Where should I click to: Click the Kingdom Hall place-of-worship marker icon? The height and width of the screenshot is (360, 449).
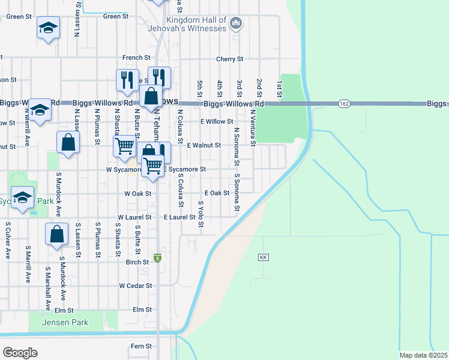[x=236, y=24]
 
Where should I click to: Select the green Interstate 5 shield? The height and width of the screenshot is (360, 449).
[x=157, y=258]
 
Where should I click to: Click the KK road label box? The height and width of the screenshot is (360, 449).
[x=263, y=257]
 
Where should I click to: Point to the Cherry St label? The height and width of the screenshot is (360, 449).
[x=229, y=59]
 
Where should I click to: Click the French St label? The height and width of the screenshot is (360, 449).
[x=136, y=58]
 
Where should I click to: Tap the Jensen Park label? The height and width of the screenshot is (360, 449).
[x=65, y=323]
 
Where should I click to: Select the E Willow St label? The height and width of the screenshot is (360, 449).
[x=217, y=121]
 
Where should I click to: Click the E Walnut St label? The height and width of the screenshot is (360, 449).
[x=204, y=145]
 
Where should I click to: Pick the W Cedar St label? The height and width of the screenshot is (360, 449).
[x=136, y=286]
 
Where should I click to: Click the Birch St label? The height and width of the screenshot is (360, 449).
[x=137, y=262]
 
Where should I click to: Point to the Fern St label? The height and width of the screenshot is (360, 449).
[x=142, y=346]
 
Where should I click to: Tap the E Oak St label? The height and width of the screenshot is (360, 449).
[x=217, y=193]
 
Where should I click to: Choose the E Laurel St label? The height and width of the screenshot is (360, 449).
[x=179, y=217]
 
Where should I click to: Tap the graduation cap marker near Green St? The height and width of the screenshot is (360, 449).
[x=48, y=28]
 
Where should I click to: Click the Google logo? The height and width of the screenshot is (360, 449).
[x=19, y=353]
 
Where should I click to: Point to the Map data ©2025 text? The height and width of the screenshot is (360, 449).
[x=424, y=355]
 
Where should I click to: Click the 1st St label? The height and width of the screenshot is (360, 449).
[x=279, y=88]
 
